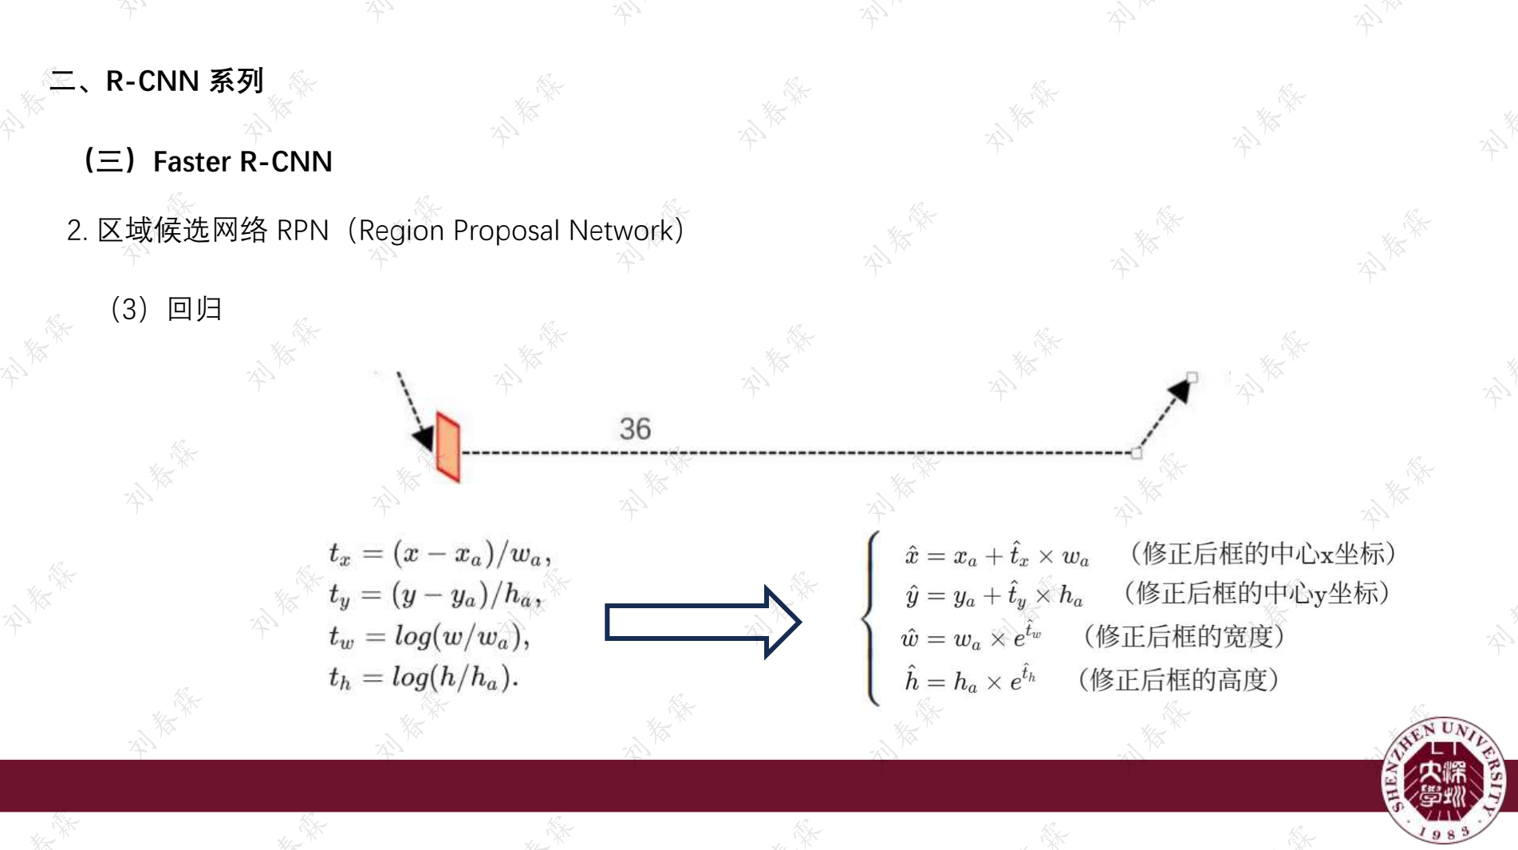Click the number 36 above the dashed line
coord(635,429)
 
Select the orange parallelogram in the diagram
coord(448,448)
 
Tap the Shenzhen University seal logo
coord(1443,780)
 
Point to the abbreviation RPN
coord(302,231)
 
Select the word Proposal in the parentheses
coord(506,231)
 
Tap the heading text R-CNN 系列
coord(184,81)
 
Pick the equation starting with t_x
coord(440,553)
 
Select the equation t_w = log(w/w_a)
coord(429,636)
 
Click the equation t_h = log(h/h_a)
coord(424,678)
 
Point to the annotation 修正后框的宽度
coord(1184,636)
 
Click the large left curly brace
coord(872,619)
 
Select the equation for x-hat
coord(997,555)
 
